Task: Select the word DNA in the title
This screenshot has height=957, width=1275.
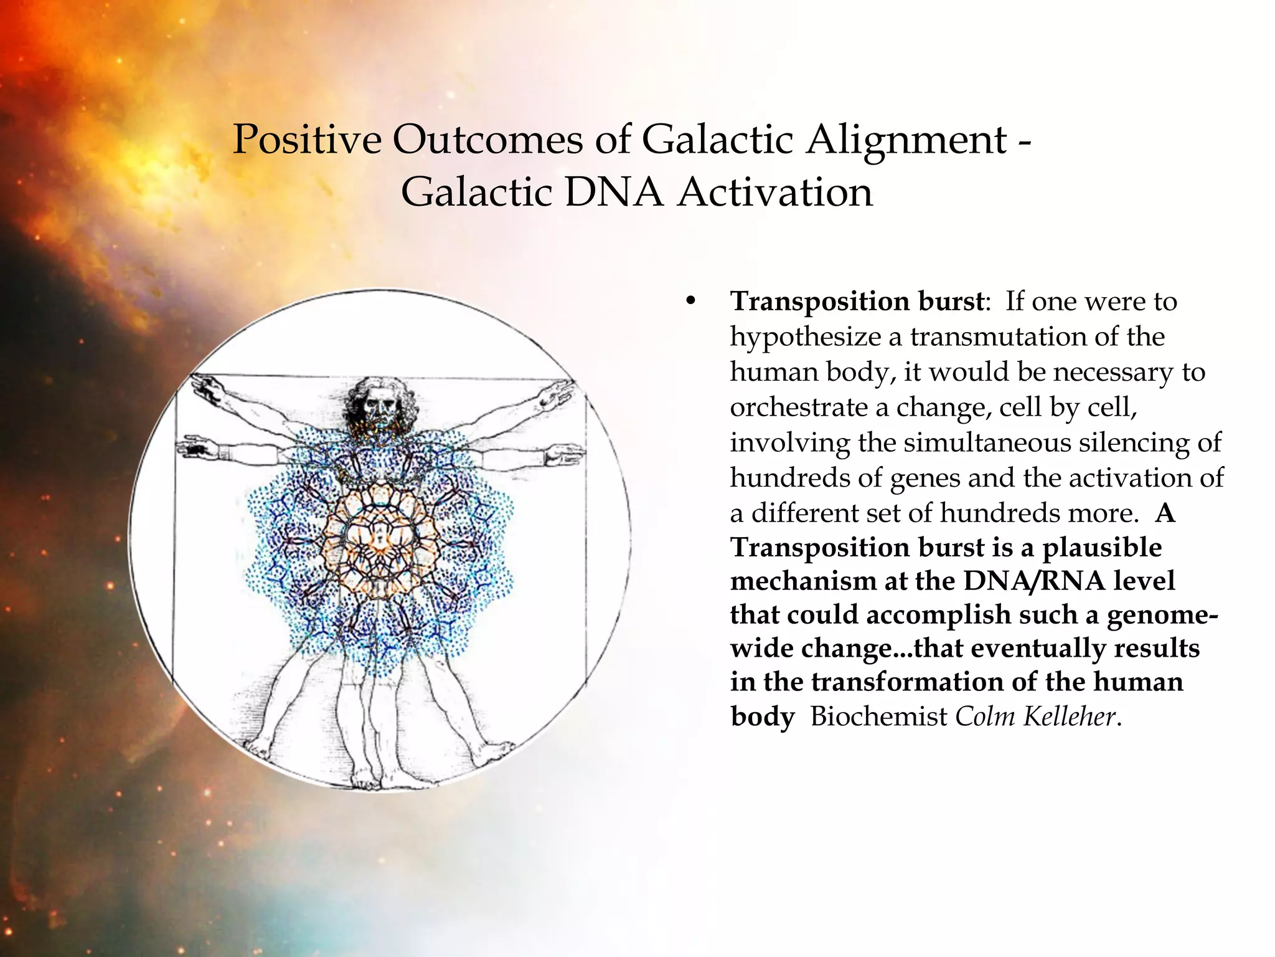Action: (x=613, y=192)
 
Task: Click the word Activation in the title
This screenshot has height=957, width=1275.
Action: (x=775, y=192)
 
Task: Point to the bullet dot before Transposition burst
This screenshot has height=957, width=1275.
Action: (x=689, y=302)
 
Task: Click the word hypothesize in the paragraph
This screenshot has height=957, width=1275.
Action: (x=807, y=337)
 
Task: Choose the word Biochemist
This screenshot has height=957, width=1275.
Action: (x=878, y=717)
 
